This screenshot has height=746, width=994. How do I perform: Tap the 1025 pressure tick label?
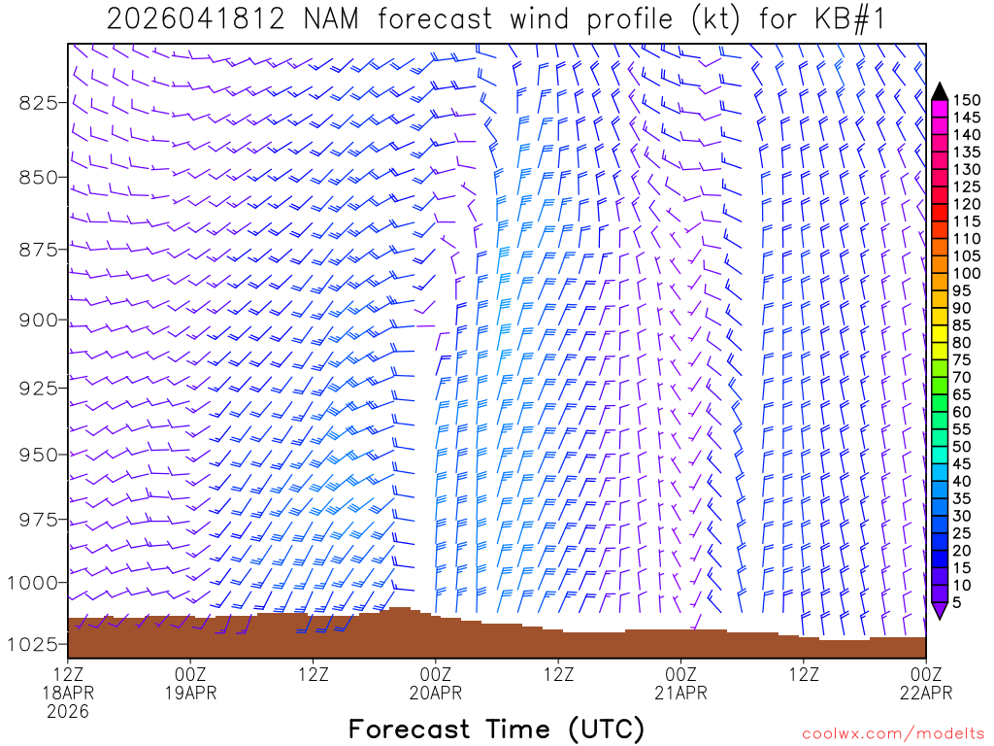pyautogui.click(x=34, y=644)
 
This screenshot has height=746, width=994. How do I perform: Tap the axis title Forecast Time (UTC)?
pyautogui.click(x=496, y=729)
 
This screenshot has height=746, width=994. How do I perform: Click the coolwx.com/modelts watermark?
pyautogui.click(x=894, y=734)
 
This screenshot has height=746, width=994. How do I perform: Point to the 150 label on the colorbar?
pyautogui.click(x=967, y=100)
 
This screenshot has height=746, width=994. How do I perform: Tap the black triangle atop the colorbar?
pyautogui.click(x=940, y=91)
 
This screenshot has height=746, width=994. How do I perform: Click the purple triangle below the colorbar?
pyautogui.click(x=940, y=610)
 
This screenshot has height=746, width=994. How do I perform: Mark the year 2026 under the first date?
pyautogui.click(x=68, y=712)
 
